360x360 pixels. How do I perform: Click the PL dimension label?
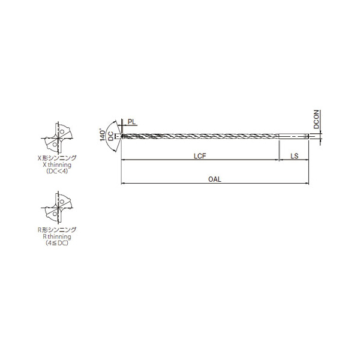(132, 122)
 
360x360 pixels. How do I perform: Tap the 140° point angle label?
(103, 136)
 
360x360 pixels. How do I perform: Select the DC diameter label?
(110, 136)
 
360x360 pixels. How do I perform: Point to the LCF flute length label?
(200, 156)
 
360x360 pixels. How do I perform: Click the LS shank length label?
(294, 156)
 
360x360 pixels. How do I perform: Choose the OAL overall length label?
(215, 179)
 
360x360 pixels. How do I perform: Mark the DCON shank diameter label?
(316, 119)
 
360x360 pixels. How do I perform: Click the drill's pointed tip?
(121, 136)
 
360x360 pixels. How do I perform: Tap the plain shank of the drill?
(293, 136)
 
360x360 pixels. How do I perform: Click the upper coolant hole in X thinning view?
(62, 132)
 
